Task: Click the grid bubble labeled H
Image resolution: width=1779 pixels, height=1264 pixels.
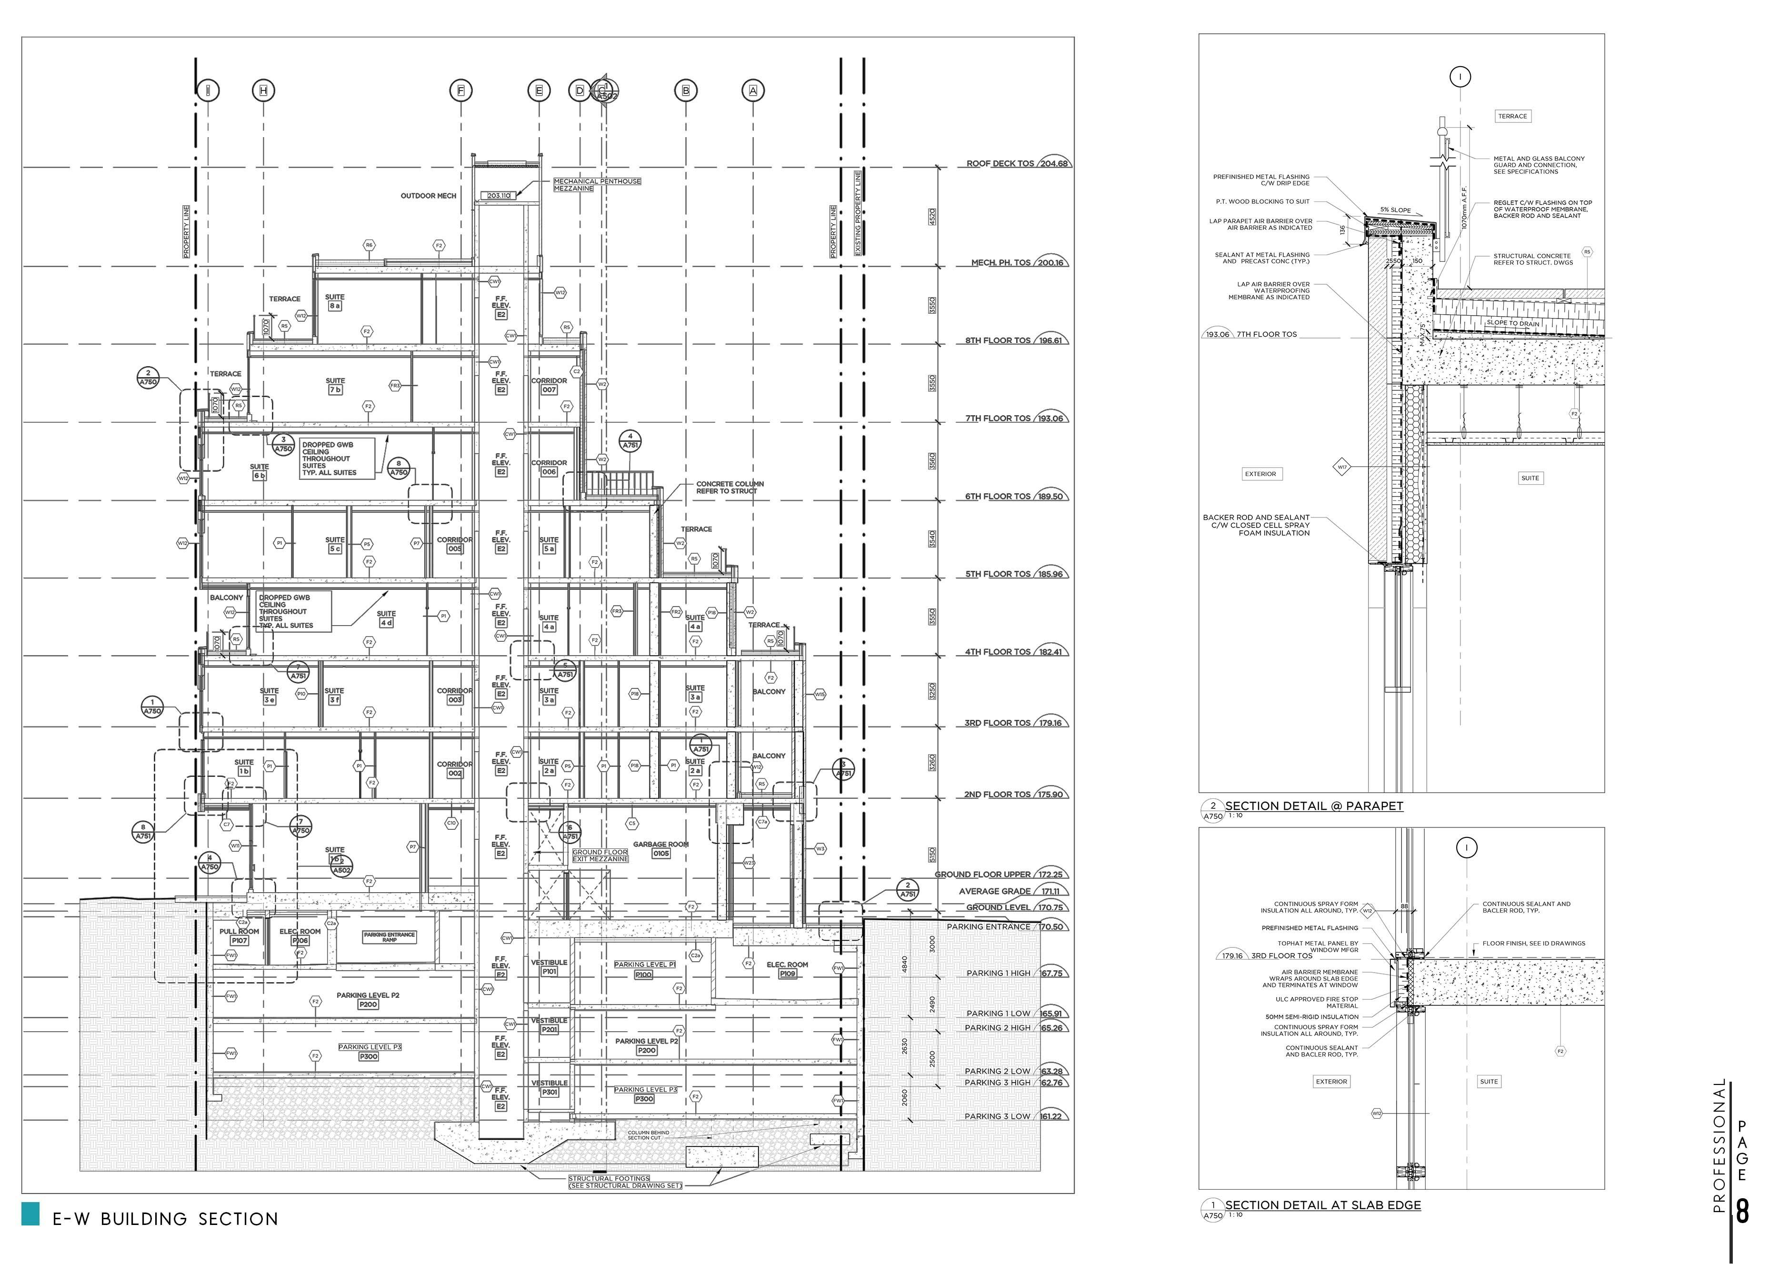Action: [263, 91]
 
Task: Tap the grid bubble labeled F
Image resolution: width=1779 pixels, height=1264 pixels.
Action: [461, 91]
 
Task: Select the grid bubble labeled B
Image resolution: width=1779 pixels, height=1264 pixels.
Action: [685, 91]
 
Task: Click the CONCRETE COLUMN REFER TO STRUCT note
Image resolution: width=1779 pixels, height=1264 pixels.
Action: [730, 487]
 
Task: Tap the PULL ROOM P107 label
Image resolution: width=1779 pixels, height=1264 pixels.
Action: [239, 936]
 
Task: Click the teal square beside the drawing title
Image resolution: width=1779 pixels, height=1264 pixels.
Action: [30, 1214]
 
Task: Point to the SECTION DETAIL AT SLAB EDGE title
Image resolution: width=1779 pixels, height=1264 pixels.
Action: [1323, 1205]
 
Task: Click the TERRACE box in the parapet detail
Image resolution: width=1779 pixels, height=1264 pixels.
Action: [1512, 117]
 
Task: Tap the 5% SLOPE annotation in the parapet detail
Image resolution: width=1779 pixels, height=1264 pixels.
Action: [1395, 210]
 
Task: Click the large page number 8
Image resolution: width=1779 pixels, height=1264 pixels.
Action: [1742, 1212]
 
